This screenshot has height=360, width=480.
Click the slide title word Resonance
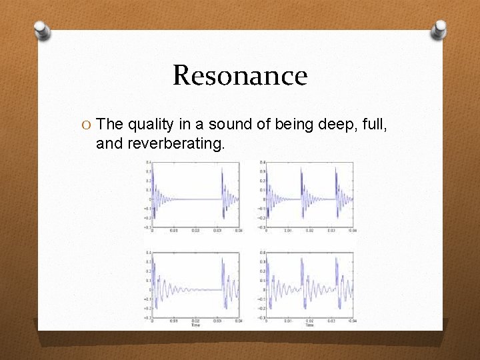240,75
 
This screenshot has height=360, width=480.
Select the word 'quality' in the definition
150,124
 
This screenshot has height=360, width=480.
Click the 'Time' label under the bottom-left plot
195,325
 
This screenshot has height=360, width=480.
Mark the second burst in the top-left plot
223,193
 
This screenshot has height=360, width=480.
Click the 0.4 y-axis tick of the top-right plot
263,162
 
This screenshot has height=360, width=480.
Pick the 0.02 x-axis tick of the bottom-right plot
310,321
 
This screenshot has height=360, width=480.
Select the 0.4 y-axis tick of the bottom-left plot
147,253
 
